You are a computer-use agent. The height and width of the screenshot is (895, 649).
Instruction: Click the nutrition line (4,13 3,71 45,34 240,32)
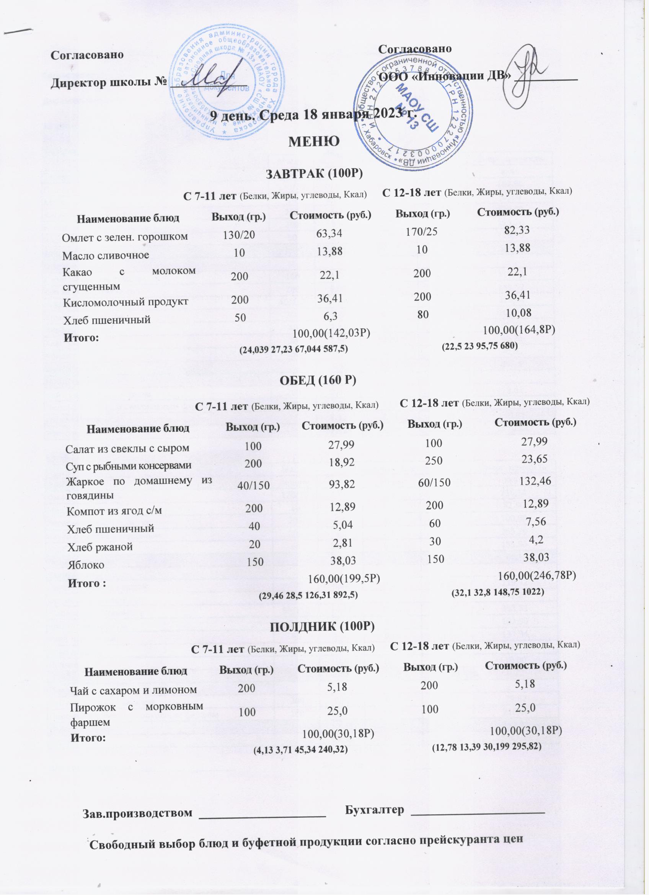pyautogui.click(x=300, y=749)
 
